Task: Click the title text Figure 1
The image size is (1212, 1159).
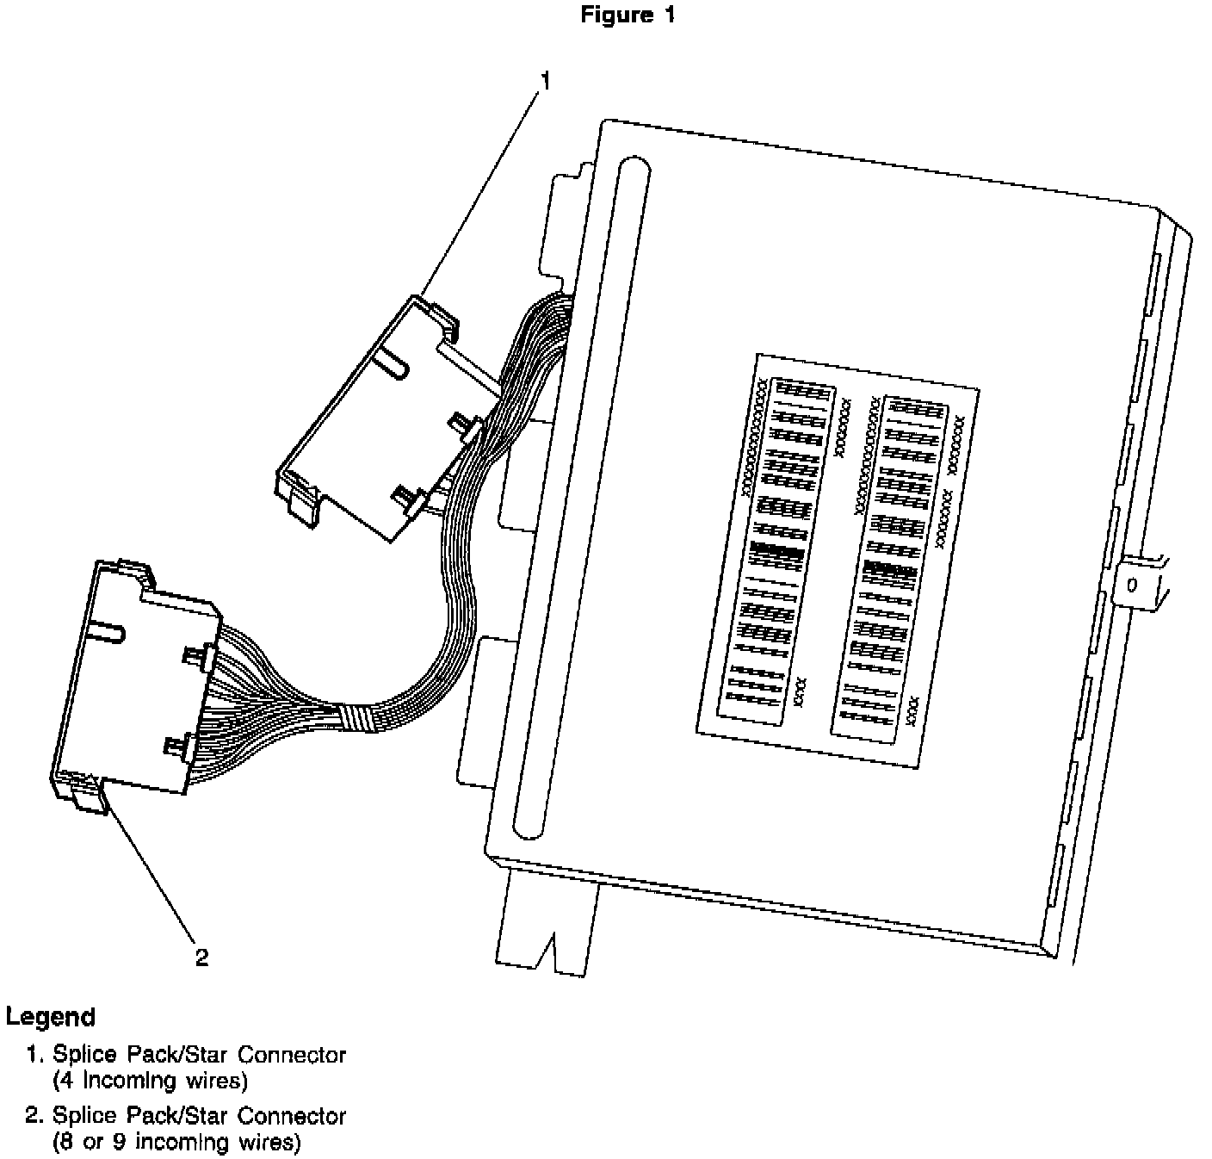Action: [628, 15]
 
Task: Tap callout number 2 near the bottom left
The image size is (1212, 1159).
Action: [201, 958]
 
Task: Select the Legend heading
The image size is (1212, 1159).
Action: [50, 1017]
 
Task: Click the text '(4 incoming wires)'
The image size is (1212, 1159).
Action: [150, 1080]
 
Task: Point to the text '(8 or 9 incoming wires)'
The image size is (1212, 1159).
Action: [176, 1143]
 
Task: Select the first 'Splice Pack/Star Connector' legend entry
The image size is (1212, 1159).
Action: [199, 1054]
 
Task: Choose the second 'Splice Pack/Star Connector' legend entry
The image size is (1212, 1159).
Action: [199, 1116]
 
